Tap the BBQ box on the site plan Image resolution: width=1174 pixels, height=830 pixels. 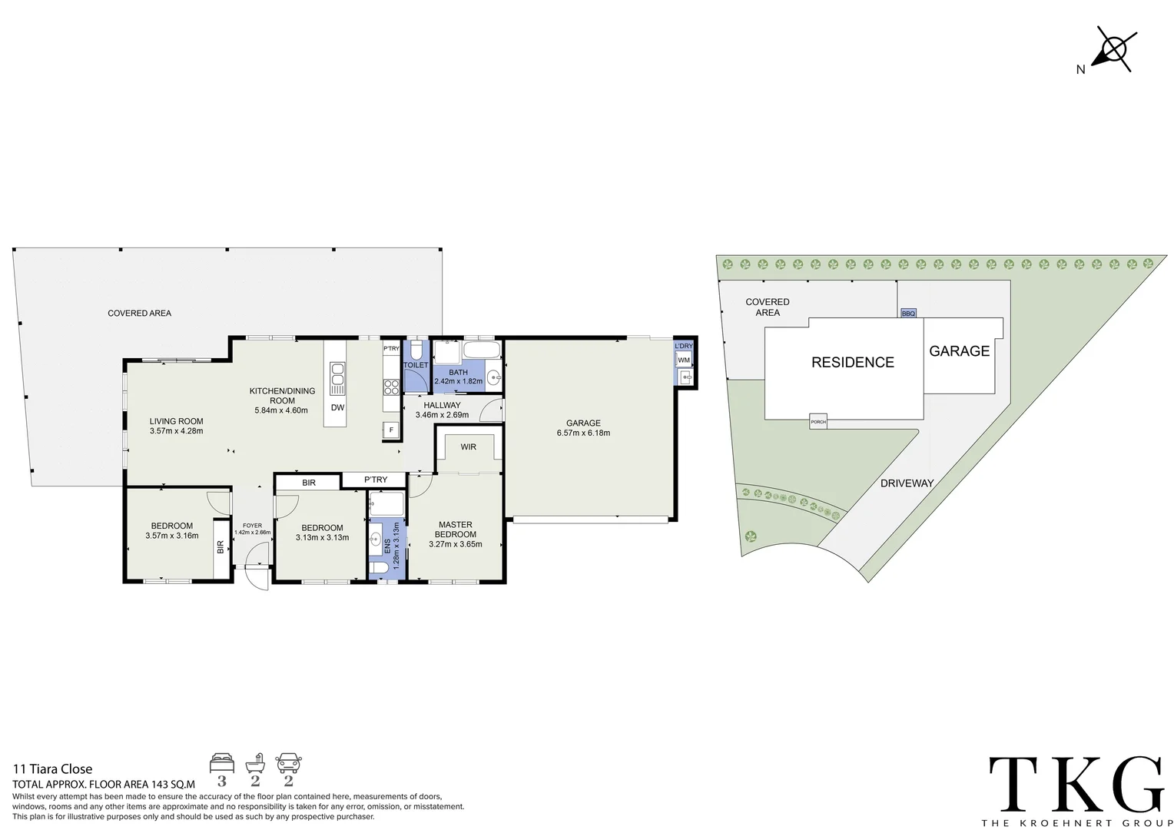click(x=908, y=313)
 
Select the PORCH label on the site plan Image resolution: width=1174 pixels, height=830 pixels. click(x=818, y=422)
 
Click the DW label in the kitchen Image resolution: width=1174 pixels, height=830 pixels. click(x=337, y=407)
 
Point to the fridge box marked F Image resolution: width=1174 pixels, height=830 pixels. click(x=391, y=430)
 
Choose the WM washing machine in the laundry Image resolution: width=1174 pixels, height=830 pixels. click(x=684, y=360)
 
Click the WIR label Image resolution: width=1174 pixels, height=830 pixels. click(x=468, y=447)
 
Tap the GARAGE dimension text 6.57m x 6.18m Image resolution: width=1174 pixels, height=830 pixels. click(x=583, y=433)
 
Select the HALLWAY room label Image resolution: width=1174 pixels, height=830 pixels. click(x=442, y=405)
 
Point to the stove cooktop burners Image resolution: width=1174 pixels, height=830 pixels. click(x=391, y=387)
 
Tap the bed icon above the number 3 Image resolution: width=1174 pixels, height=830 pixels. click(x=222, y=763)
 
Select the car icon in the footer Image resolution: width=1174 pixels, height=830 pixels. click(x=289, y=763)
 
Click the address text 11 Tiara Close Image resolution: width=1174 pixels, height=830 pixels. click(x=52, y=769)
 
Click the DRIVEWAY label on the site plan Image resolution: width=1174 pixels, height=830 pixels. click(x=907, y=483)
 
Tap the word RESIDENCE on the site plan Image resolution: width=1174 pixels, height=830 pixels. click(x=853, y=362)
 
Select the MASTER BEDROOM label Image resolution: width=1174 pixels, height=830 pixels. click(x=456, y=529)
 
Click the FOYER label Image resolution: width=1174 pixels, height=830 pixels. click(x=252, y=526)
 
